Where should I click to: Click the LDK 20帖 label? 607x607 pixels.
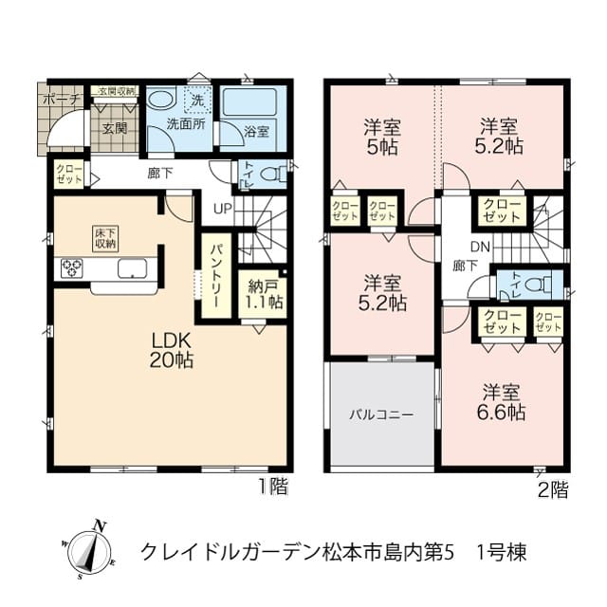(172, 351)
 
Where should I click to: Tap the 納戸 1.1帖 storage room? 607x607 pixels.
(262, 295)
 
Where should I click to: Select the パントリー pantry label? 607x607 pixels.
(216, 275)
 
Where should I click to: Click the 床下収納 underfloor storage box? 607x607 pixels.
(105, 238)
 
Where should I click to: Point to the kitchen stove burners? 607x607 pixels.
(72, 268)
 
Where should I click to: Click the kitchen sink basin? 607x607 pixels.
(133, 268)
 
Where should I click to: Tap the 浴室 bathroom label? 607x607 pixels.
(257, 132)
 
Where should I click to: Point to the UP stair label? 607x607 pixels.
(223, 209)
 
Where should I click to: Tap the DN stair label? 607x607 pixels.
(481, 247)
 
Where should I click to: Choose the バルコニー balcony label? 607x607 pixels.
(381, 415)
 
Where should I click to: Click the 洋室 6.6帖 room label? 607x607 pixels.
(501, 402)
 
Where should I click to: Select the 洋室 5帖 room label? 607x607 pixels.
(381, 137)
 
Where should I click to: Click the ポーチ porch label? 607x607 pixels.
(62, 100)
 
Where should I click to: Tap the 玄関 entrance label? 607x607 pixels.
(115, 128)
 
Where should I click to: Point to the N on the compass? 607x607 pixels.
(101, 526)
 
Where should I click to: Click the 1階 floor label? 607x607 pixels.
(273, 487)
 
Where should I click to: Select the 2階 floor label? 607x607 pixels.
(554, 490)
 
